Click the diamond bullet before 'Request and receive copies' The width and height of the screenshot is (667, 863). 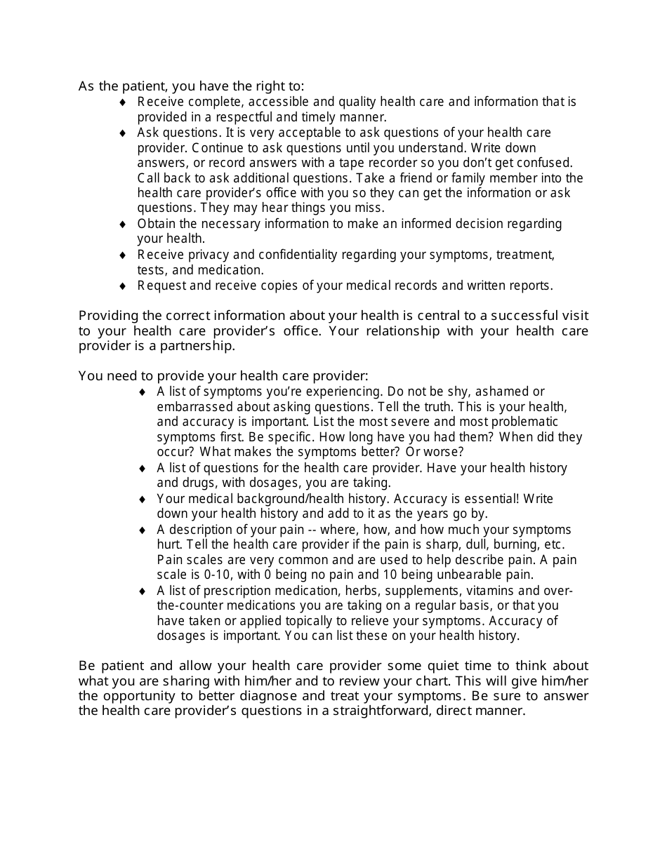click(x=122, y=286)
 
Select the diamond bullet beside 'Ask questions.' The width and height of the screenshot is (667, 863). click(x=122, y=133)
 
